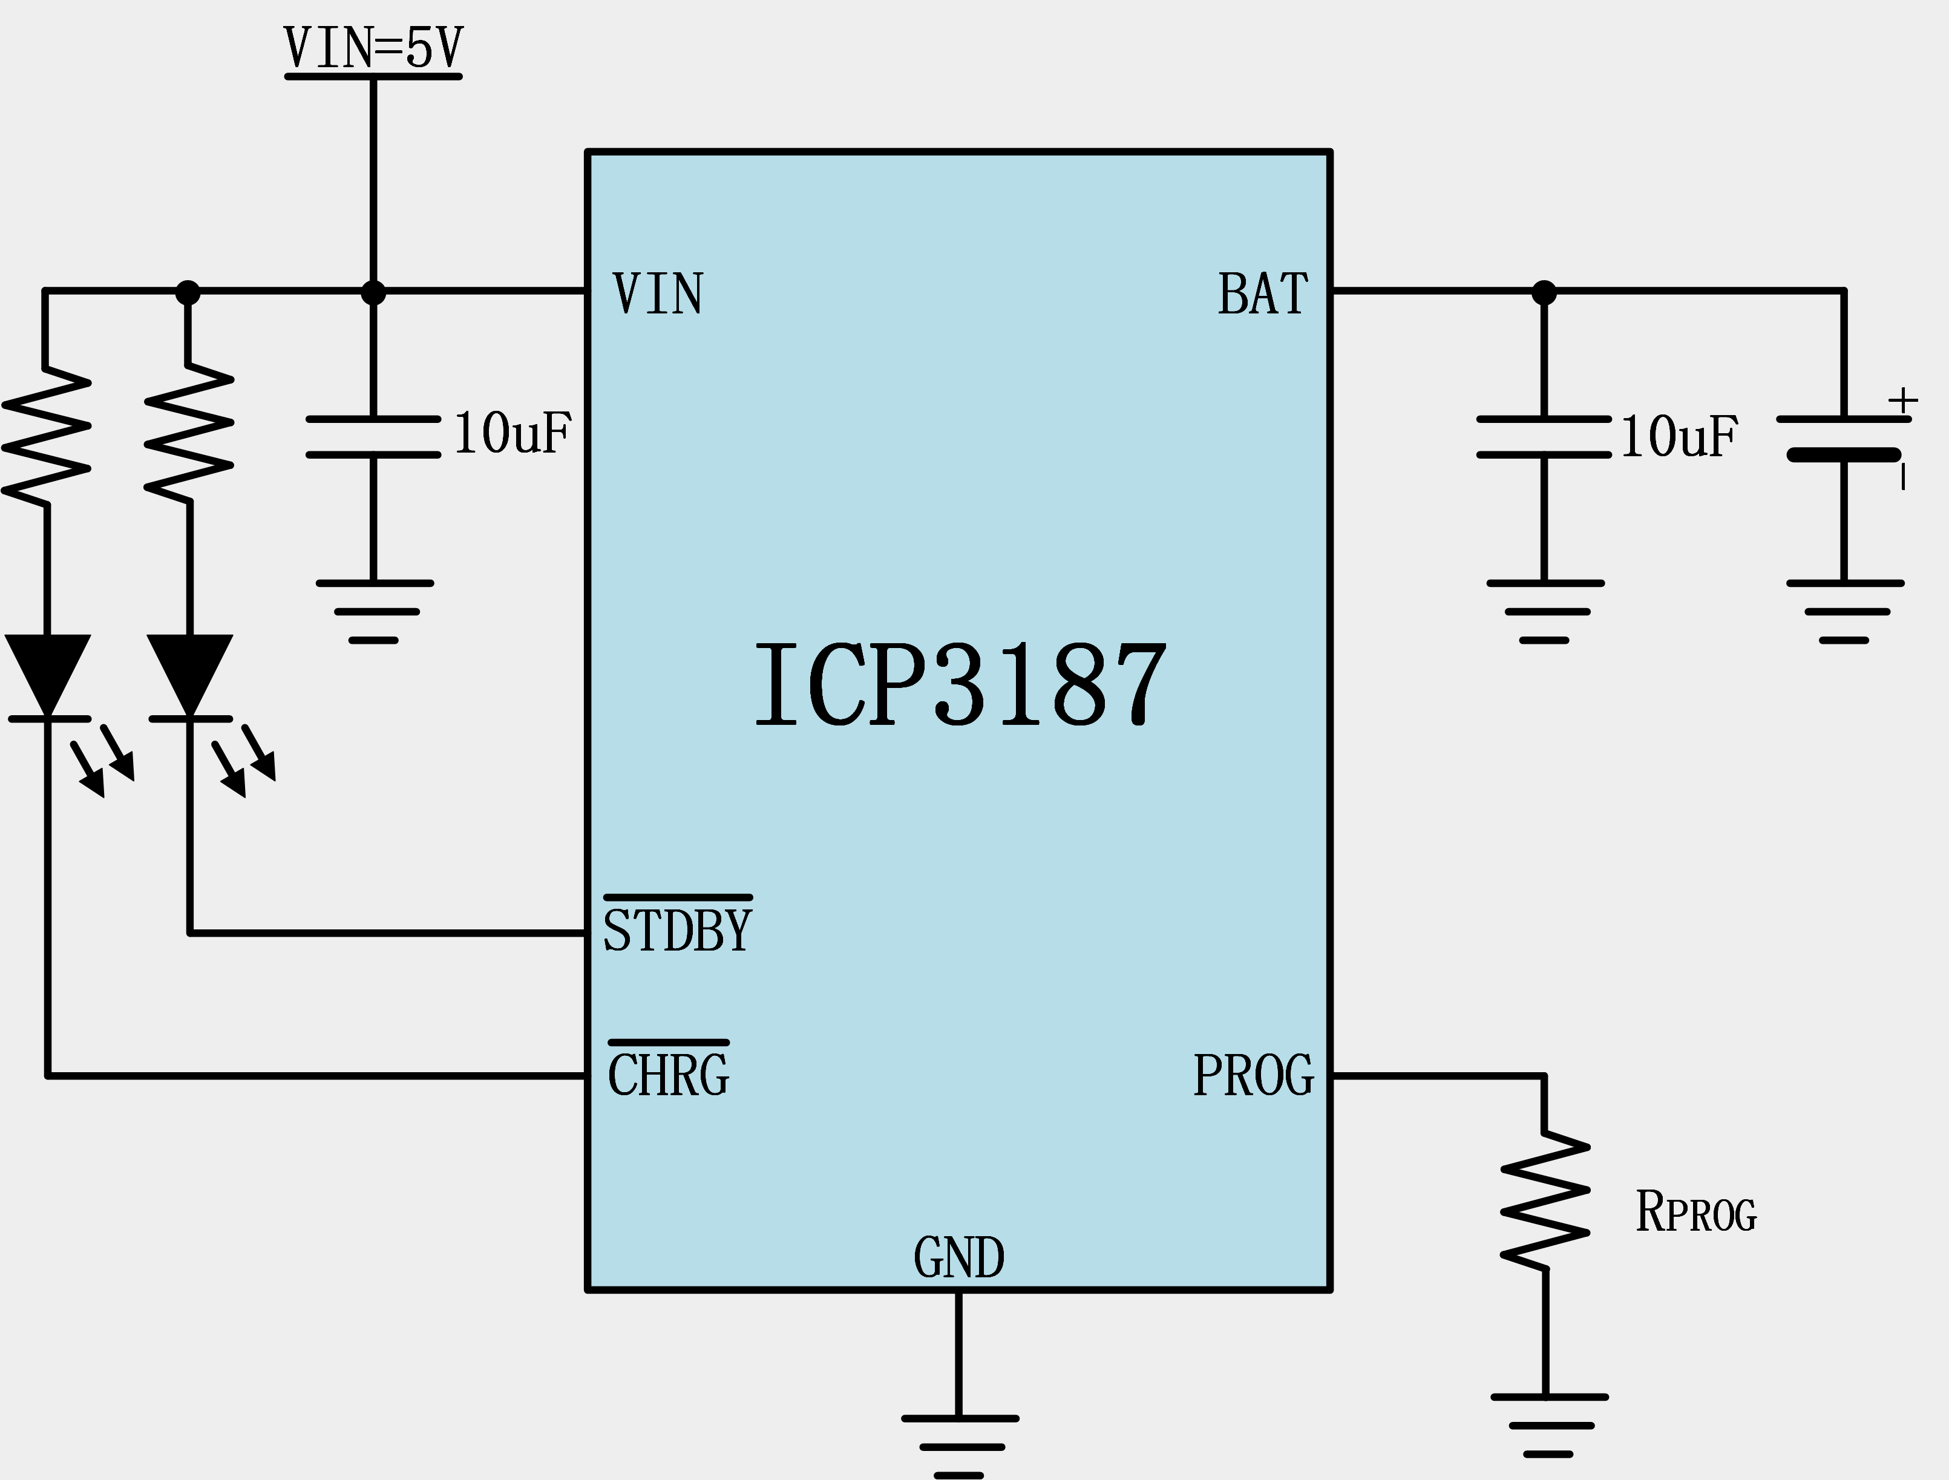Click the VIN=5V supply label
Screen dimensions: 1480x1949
click(373, 48)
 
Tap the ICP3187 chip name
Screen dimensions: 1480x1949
click(960, 684)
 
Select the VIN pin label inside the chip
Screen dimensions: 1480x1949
click(658, 293)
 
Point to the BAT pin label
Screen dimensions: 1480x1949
click(1263, 293)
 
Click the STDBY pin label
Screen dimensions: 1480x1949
click(676, 930)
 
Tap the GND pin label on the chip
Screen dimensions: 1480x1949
click(958, 1257)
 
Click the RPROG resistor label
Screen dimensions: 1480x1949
click(1696, 1211)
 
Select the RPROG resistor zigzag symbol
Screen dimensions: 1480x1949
click(1545, 1200)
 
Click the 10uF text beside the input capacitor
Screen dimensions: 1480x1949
click(513, 433)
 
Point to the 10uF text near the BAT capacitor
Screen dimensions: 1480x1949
click(1679, 436)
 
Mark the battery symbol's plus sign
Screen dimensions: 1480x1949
click(1903, 401)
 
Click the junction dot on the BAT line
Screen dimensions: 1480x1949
click(1544, 292)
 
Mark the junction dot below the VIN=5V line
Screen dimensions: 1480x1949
click(373, 292)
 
